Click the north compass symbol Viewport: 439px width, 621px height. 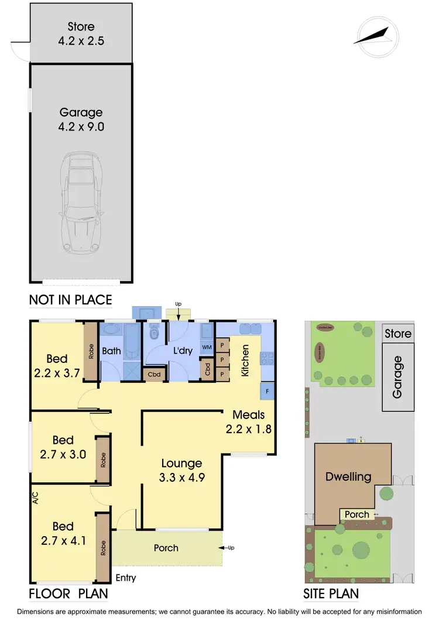pos(376,36)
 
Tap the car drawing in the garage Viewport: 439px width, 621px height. pos(81,200)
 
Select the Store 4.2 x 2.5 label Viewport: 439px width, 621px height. pos(81,34)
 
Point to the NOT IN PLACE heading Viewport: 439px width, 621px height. pos(70,301)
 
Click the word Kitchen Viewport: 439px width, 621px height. pos(245,361)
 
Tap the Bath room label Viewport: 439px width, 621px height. pos(111,352)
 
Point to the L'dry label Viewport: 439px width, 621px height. pos(183,352)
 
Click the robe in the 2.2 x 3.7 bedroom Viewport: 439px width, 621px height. pos(90,352)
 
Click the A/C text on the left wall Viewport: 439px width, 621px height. pos(35,499)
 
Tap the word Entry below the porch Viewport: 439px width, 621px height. pos(125,578)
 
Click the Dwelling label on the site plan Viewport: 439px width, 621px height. pos(348,476)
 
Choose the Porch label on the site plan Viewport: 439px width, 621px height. pos(356,515)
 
